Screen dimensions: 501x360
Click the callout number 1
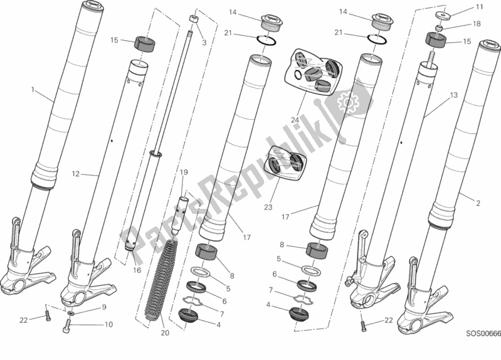[x=33, y=90]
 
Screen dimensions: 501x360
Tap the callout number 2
[x=478, y=203]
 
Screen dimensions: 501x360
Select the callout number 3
[x=204, y=43]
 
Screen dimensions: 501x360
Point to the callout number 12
[x=75, y=174]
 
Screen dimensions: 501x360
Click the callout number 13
[x=454, y=95]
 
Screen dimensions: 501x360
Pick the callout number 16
[x=137, y=270]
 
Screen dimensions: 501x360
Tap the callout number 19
[x=183, y=172]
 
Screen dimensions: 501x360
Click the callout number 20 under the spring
[x=164, y=333]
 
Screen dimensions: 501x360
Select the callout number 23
[x=268, y=207]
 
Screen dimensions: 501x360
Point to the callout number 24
[x=295, y=120]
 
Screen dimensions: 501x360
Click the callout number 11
[x=479, y=7]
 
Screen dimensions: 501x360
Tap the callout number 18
[x=477, y=24]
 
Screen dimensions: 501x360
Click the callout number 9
[x=104, y=308]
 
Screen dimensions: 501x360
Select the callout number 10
[x=108, y=324]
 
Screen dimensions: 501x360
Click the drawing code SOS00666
[x=483, y=334]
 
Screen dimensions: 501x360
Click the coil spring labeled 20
[x=161, y=278]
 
